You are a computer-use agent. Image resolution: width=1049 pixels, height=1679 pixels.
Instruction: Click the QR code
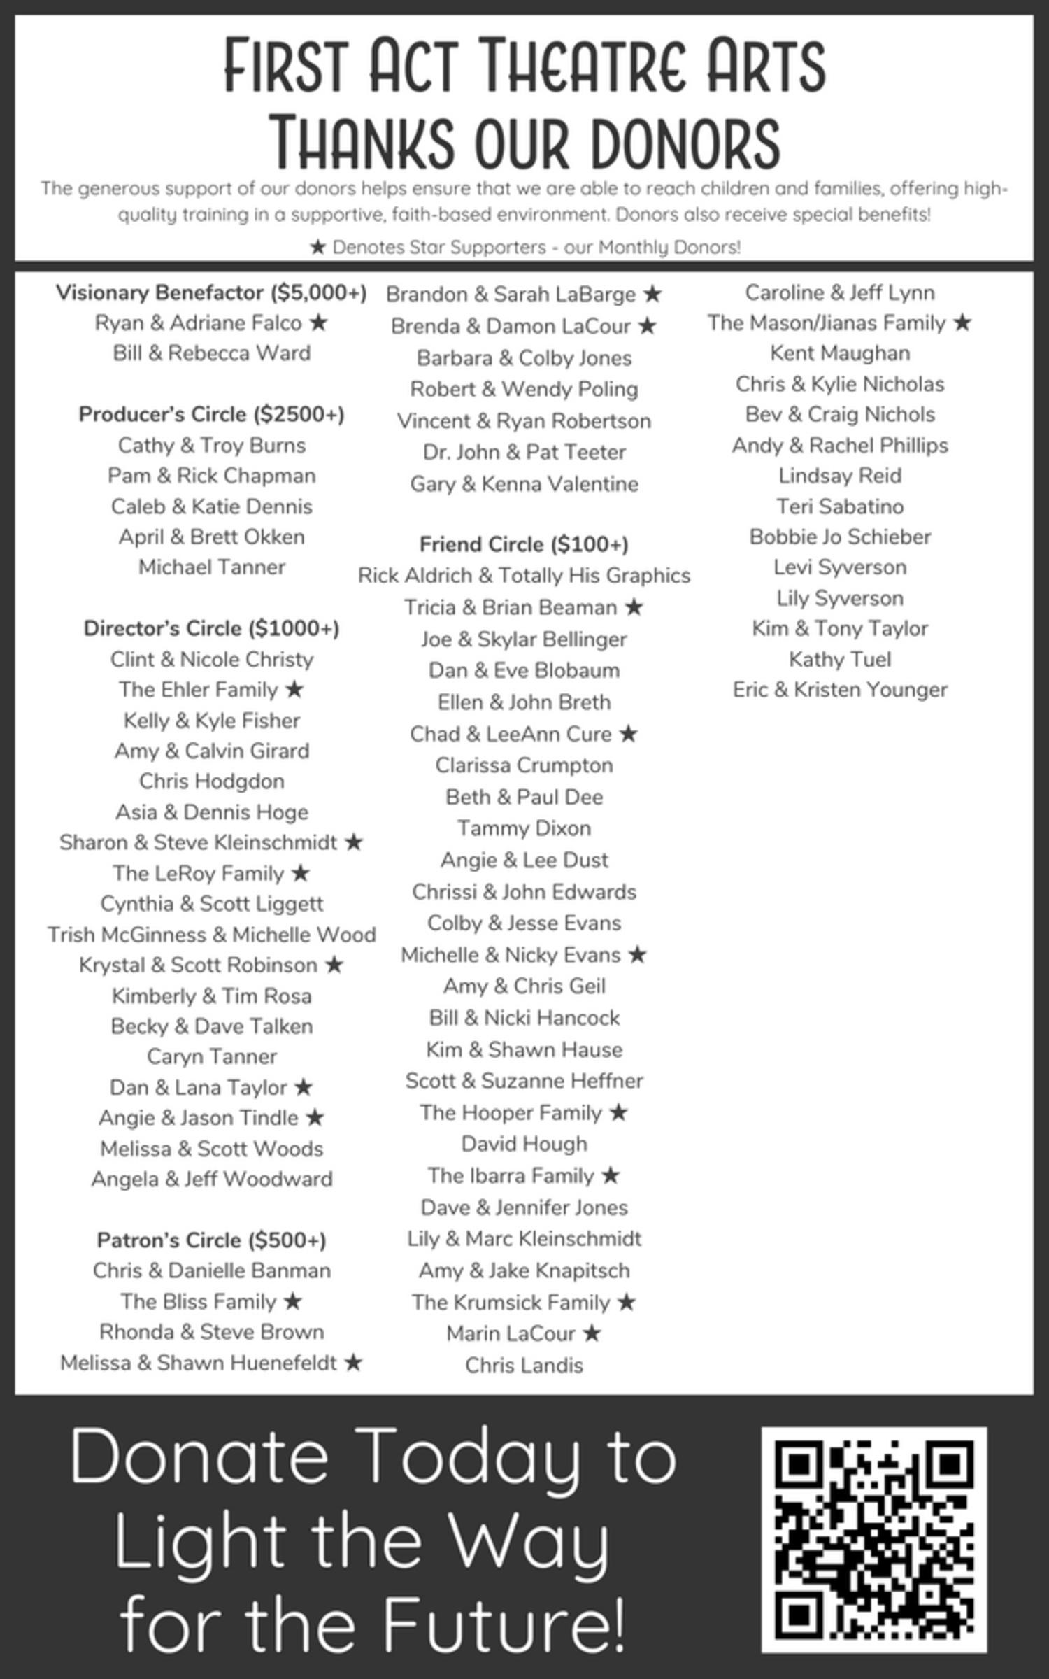[x=873, y=1539]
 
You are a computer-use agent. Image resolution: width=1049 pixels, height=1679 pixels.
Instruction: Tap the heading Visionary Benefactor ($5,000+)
[x=211, y=292]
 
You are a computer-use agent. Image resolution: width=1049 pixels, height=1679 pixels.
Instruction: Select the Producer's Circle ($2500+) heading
[x=211, y=414]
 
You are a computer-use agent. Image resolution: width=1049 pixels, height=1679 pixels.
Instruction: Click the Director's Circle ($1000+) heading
[x=211, y=628]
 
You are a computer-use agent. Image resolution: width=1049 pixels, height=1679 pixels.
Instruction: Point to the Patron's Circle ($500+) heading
[x=211, y=1240]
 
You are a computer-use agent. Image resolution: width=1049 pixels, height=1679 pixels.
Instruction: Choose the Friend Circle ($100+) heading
[x=524, y=544]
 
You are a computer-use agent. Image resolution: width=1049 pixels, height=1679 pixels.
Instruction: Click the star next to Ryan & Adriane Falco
[x=318, y=323]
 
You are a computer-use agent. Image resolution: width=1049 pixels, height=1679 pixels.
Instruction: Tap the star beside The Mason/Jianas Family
[x=962, y=323]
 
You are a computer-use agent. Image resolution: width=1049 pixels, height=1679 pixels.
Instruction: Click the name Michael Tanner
[x=211, y=567]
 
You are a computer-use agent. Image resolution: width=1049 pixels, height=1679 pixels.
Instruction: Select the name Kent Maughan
[x=840, y=353]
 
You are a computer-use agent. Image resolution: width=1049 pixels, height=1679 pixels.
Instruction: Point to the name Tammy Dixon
[x=524, y=828]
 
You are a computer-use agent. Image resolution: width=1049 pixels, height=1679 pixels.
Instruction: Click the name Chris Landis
[x=524, y=1365]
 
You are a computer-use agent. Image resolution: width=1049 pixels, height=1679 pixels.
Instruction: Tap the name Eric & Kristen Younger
[x=840, y=690]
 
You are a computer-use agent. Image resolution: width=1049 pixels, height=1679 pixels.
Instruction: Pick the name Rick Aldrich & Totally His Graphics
[x=524, y=576]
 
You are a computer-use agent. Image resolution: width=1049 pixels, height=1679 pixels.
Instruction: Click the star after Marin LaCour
[x=592, y=1333]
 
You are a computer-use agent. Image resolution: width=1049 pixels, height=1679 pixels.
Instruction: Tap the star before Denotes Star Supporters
[x=317, y=247]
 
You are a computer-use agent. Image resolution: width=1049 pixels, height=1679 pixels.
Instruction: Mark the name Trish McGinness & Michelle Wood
[x=211, y=935]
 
